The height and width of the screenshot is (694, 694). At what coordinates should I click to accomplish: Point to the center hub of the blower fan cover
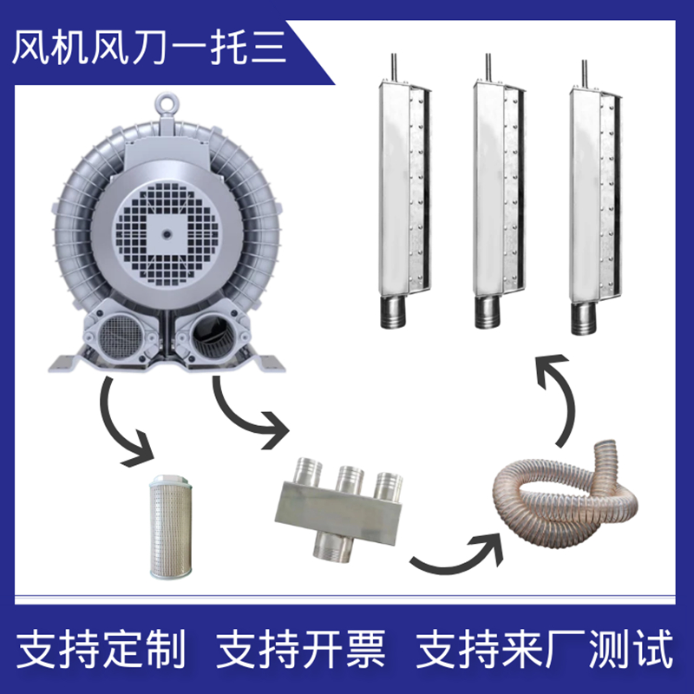(x=167, y=233)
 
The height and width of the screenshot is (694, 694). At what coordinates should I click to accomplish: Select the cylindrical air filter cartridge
(x=170, y=527)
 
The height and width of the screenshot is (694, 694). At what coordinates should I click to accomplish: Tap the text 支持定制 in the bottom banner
(x=101, y=649)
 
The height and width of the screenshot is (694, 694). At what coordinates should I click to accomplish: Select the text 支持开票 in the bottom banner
(x=301, y=649)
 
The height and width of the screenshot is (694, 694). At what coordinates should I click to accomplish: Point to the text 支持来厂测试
(x=545, y=649)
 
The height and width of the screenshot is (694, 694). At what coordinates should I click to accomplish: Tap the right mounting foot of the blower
(x=268, y=362)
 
